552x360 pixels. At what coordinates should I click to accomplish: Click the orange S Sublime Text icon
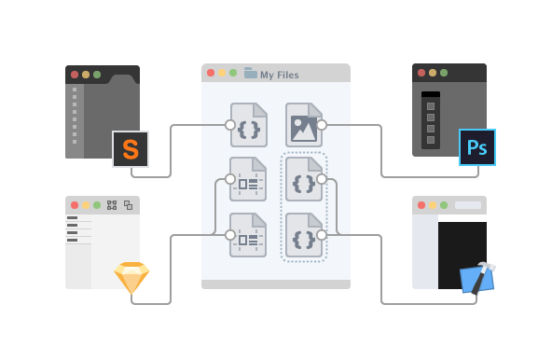pyautogui.click(x=131, y=149)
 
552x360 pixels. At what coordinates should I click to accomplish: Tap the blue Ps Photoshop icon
pyautogui.click(x=477, y=147)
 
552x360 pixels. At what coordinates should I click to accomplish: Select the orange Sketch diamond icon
pyautogui.click(x=131, y=277)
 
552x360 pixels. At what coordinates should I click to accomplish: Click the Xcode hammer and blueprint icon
pyautogui.click(x=477, y=278)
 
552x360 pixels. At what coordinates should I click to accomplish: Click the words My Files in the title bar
pyautogui.click(x=280, y=75)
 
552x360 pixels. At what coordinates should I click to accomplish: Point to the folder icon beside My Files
pyautogui.click(x=251, y=74)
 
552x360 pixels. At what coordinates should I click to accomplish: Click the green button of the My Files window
pyautogui.click(x=233, y=73)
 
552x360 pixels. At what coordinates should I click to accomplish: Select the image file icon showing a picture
pyautogui.click(x=303, y=125)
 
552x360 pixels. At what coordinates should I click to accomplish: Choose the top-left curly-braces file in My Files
pyautogui.click(x=249, y=125)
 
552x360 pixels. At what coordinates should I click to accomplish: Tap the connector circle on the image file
pyautogui.click(x=322, y=124)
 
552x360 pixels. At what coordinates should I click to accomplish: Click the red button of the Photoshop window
pyautogui.click(x=421, y=73)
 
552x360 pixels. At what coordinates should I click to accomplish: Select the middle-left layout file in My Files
pyautogui.click(x=248, y=179)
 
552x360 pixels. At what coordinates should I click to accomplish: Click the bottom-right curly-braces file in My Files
pyautogui.click(x=303, y=235)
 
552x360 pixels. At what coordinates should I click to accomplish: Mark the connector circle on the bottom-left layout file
pyautogui.click(x=230, y=235)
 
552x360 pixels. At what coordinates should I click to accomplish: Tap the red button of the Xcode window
pyautogui.click(x=421, y=205)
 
